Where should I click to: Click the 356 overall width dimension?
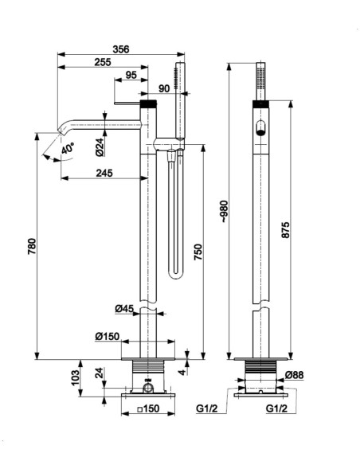[x=121, y=49]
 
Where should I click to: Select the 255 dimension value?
[x=103, y=62]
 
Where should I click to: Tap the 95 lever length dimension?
[x=131, y=75]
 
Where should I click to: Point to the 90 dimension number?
[x=164, y=88]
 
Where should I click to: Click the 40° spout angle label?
[x=68, y=148]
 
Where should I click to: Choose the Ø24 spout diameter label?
[x=100, y=147]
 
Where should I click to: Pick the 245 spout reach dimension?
[x=104, y=173]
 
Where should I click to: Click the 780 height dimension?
[x=32, y=246]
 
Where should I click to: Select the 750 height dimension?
[x=198, y=252]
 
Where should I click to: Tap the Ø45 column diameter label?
[x=124, y=309]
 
